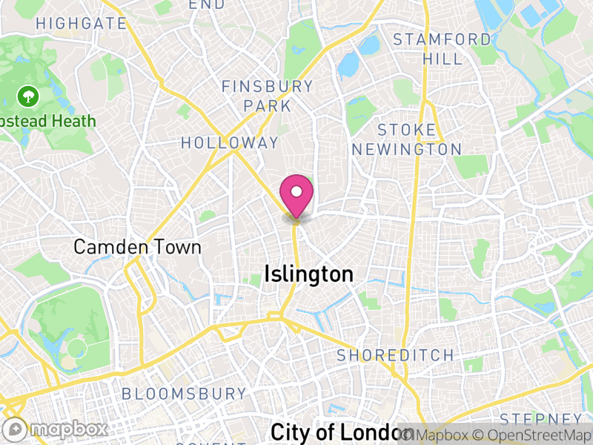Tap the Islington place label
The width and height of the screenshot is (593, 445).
click(308, 274)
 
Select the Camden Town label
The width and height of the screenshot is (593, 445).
click(137, 247)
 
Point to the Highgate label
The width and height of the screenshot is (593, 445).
click(81, 23)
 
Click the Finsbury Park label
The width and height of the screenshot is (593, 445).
click(267, 96)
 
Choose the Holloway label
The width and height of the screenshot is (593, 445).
click(230, 142)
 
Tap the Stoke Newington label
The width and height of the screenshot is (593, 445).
click(406, 139)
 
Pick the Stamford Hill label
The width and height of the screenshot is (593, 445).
click(442, 48)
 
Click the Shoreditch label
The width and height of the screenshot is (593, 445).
click(395, 355)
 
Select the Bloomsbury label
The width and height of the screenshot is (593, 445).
click(184, 393)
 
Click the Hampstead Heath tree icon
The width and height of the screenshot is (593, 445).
click(28, 96)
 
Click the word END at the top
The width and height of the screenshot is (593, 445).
click(207, 4)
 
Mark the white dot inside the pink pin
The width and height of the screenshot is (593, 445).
click(296, 191)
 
